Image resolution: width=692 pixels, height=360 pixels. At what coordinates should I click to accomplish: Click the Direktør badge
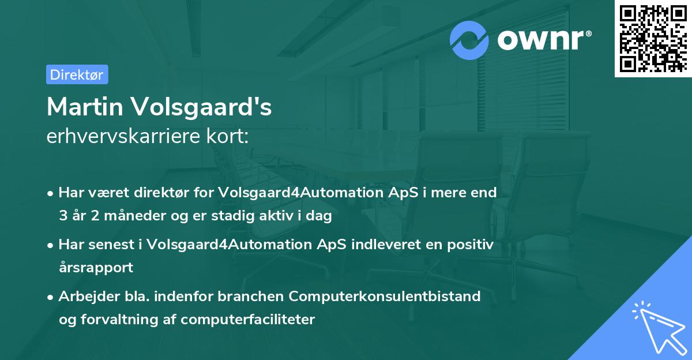[77, 74]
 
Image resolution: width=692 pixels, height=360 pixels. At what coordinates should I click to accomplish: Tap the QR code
[652, 38]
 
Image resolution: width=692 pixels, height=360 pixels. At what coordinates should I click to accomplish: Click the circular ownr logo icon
[469, 40]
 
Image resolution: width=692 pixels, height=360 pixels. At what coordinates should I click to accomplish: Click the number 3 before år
[62, 216]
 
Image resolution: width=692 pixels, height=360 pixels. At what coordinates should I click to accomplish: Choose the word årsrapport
[96, 268]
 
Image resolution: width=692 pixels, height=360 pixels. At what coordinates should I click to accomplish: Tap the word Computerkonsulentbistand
[385, 297]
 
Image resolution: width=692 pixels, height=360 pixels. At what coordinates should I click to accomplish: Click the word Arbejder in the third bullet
[84, 297]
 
